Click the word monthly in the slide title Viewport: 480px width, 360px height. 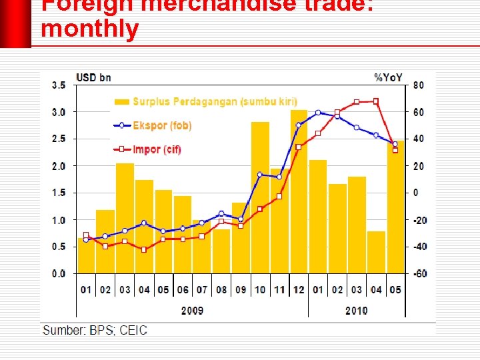(90, 29)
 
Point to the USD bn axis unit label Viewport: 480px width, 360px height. (94, 78)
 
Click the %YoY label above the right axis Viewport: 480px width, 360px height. (389, 78)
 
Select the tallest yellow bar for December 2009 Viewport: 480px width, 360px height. (299, 193)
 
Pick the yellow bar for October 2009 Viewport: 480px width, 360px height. (260, 200)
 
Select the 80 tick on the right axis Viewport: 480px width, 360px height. (418, 85)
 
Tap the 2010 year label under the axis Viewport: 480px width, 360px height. (356, 311)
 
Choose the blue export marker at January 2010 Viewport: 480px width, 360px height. (319, 113)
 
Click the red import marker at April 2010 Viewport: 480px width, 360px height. (376, 101)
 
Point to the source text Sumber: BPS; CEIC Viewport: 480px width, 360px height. (95, 331)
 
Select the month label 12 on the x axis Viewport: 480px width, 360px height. (299, 290)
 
